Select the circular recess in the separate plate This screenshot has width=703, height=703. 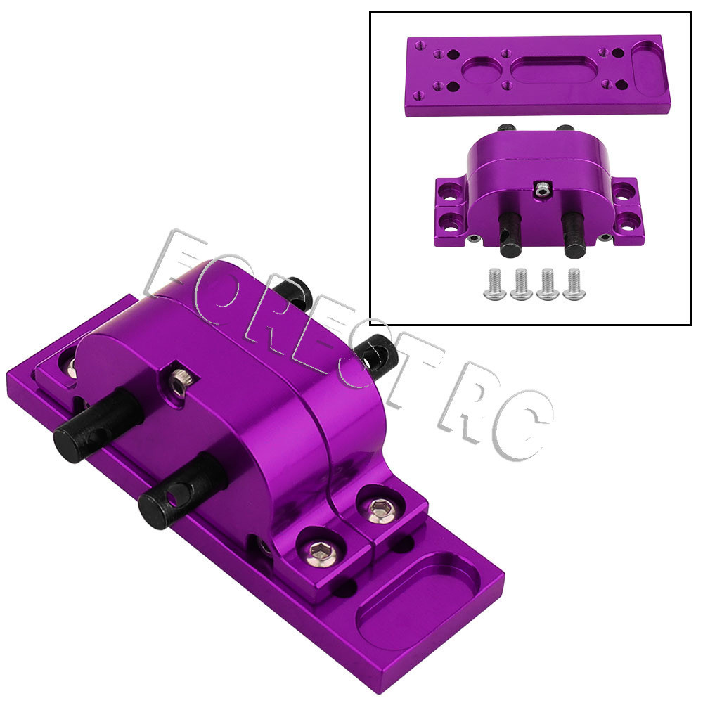[482, 70]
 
